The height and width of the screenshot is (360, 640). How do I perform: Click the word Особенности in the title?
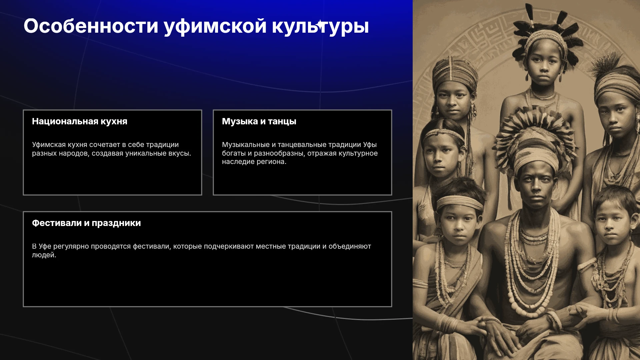coord(91,26)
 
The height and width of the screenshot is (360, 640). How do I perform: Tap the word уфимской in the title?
coord(215,27)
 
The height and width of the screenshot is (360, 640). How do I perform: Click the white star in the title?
coord(321,25)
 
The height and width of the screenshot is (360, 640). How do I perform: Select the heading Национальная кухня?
coord(80,121)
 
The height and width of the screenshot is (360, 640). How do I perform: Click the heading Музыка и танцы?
coord(259,121)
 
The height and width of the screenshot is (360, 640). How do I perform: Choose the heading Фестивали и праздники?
coord(86,223)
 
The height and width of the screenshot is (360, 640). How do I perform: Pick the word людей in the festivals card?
coord(44,255)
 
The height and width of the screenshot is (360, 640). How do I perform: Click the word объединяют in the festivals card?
coord(350,246)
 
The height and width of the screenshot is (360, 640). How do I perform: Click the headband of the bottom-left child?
coord(459,202)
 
